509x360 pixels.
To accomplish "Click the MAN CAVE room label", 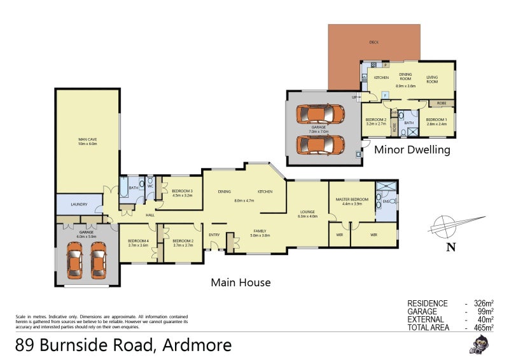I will pyautogui.click(x=87, y=139).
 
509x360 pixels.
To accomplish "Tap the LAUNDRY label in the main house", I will pyautogui.click(x=80, y=204).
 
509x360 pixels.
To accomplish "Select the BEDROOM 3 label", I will pyautogui.click(x=182, y=191).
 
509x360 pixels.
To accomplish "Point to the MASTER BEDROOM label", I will pyautogui.click(x=352, y=200).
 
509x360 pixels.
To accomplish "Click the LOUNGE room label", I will pyautogui.click(x=307, y=212).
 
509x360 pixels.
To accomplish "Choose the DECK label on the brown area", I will pyautogui.click(x=374, y=43).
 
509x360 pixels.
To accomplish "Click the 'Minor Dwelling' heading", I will pyautogui.click(x=412, y=150).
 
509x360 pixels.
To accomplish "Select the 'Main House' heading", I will pyautogui.click(x=241, y=282).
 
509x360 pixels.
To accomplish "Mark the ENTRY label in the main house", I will pyautogui.click(x=214, y=235).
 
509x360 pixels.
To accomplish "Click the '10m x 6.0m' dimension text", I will pyautogui.click(x=87, y=144).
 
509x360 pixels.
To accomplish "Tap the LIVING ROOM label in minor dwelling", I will pyautogui.click(x=432, y=79).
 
